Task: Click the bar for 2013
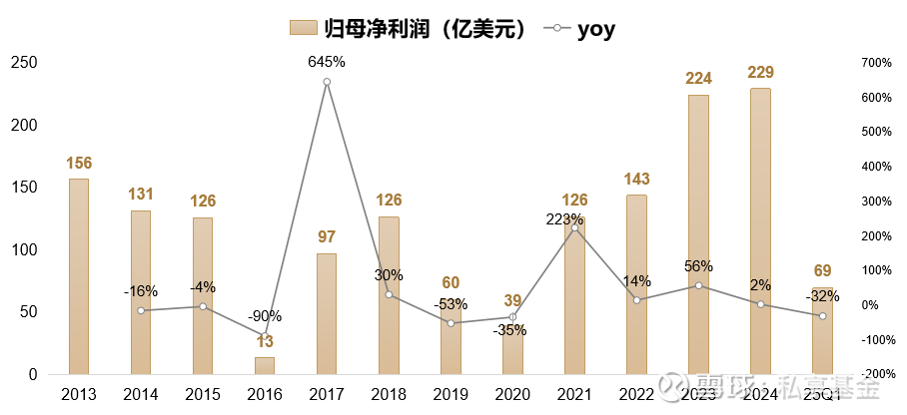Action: [78, 276]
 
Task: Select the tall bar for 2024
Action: [760, 231]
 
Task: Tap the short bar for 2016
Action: [265, 366]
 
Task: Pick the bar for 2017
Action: [327, 313]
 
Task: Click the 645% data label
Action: [327, 62]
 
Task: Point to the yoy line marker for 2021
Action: [574, 228]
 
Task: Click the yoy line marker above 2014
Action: [141, 310]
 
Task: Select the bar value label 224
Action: [698, 78]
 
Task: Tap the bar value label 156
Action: [79, 163]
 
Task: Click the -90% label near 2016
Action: [265, 316]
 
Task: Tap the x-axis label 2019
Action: [451, 395]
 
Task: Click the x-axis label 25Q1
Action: [822, 395]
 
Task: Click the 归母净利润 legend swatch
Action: [302, 28]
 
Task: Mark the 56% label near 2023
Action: [698, 266]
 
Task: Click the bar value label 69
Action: [822, 270]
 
